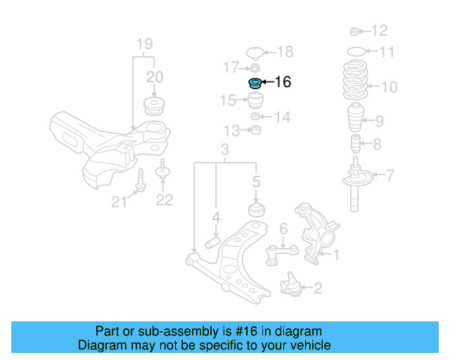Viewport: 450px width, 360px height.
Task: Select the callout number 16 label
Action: coord(282,83)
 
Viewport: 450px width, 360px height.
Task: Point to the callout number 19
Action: coord(144,43)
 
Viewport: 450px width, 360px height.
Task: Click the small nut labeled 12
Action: coord(356,31)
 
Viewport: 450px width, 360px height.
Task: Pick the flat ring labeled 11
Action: coord(357,51)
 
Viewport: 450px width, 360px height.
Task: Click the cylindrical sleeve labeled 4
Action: coord(213,243)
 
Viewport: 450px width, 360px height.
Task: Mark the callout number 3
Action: coord(225,150)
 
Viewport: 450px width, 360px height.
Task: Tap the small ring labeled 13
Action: coord(257,130)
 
